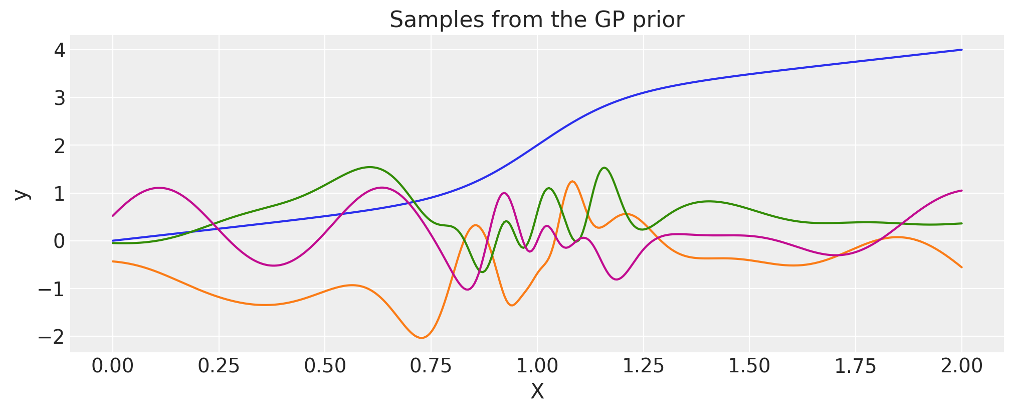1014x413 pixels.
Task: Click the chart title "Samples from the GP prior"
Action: pos(536,20)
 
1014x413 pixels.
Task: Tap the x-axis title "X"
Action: pos(537,392)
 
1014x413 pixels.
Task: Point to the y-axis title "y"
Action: pos(21,194)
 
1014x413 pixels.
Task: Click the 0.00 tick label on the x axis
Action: pos(113,366)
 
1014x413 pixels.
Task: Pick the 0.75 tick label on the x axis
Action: pos(431,366)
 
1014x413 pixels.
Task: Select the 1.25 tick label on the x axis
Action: pos(643,366)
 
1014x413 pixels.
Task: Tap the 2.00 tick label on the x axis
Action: pos(961,366)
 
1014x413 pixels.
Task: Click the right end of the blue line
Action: pos(961,50)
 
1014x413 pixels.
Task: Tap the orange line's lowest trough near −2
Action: pos(421,338)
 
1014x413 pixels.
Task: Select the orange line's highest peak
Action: pos(572,181)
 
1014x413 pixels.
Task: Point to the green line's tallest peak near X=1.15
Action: pos(604,168)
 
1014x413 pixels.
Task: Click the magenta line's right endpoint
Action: pos(961,191)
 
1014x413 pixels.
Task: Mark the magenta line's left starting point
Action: pos(113,216)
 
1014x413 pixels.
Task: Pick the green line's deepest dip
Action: pos(482,272)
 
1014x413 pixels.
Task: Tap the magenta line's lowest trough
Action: pos(468,290)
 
